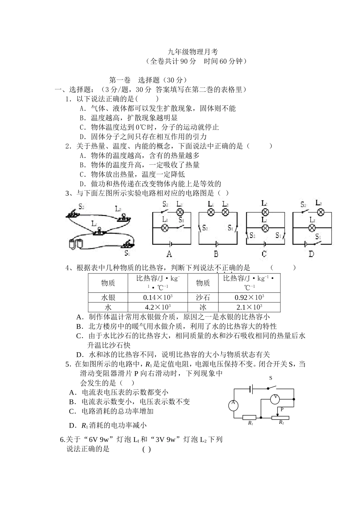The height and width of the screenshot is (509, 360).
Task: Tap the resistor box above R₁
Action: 249,417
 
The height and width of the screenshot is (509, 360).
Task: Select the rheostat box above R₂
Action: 280,417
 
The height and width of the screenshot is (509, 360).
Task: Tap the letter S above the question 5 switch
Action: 271,378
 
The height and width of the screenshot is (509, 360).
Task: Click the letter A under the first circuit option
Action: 169,254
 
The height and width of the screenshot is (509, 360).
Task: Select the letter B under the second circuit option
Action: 216,254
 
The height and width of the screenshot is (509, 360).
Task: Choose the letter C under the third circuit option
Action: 264,254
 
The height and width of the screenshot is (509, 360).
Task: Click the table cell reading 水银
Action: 108,297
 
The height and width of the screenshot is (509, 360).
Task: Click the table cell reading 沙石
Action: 203,297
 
